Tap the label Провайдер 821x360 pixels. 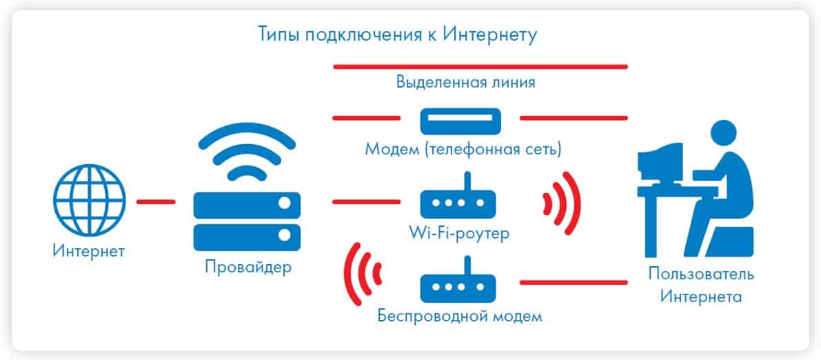coord(248,267)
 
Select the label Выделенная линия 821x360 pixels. coord(465,83)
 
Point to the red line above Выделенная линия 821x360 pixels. coord(480,66)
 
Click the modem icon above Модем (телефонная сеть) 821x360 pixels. coord(460,121)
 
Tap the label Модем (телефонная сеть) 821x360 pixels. coord(463,150)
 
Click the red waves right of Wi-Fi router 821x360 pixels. coord(563,202)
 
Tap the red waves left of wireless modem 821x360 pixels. coord(363,274)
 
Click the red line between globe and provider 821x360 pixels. coord(156,202)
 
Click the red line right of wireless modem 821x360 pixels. coord(574,283)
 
